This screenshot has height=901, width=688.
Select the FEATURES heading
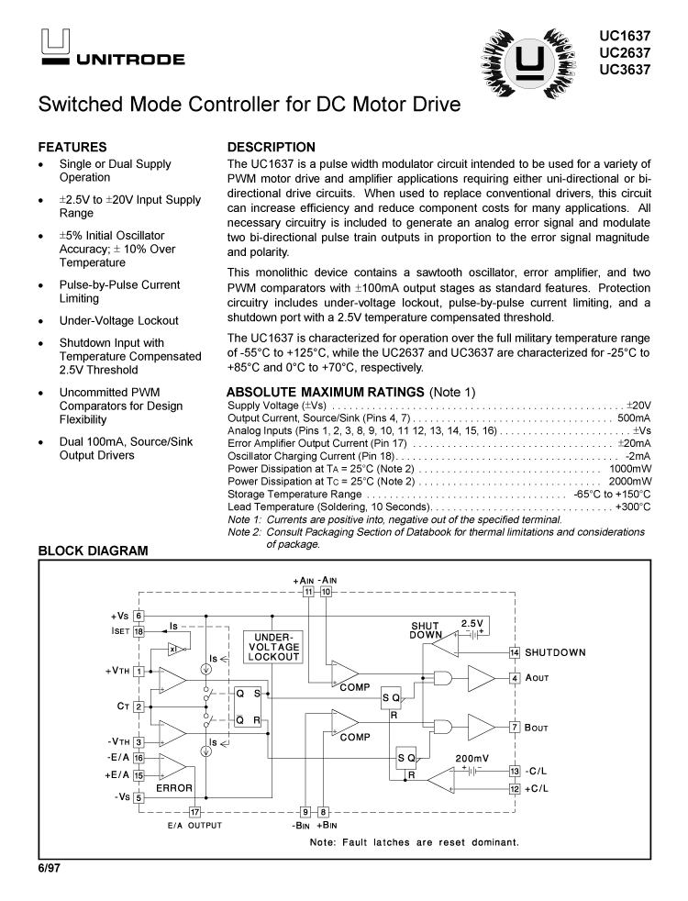(x=72, y=147)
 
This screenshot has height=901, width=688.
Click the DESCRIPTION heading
(x=272, y=147)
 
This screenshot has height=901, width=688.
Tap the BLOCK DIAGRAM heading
(x=93, y=551)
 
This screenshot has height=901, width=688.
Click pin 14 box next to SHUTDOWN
(x=515, y=652)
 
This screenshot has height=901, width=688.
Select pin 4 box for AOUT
(x=515, y=678)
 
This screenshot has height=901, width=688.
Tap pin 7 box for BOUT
(x=515, y=727)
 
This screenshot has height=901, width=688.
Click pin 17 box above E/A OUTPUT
(x=194, y=811)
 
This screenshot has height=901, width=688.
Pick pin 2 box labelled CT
(x=139, y=706)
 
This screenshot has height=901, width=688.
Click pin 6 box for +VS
(x=139, y=616)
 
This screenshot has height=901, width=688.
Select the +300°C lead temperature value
(x=633, y=506)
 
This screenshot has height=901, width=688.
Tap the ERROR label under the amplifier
(x=174, y=787)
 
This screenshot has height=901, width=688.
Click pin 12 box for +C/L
(x=515, y=788)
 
